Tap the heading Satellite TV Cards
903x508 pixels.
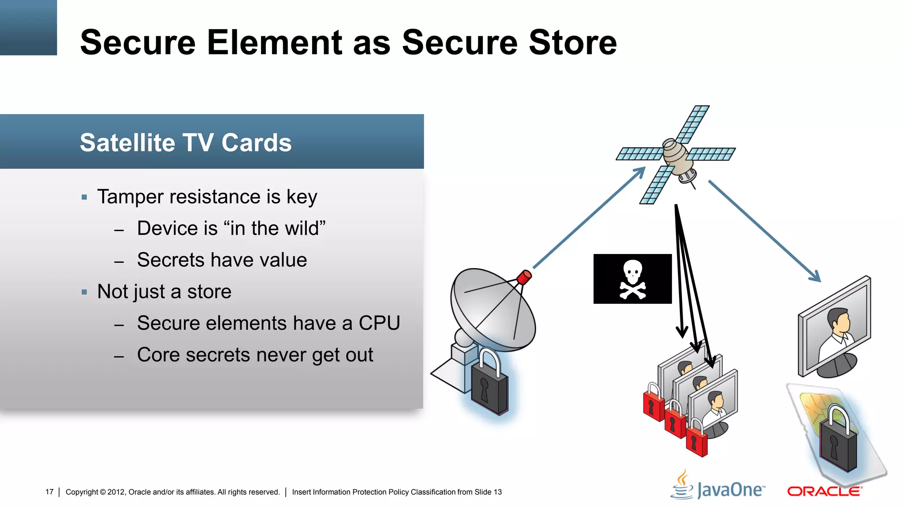coord(186,142)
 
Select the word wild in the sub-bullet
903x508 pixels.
coord(302,228)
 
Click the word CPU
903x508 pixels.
coord(379,323)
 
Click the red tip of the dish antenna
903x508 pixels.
coord(524,277)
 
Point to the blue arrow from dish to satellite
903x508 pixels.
coord(589,218)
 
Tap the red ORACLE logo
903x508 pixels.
coord(824,491)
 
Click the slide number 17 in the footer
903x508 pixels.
coord(49,492)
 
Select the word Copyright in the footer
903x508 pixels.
coord(82,492)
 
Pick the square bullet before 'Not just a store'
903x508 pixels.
coord(84,292)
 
